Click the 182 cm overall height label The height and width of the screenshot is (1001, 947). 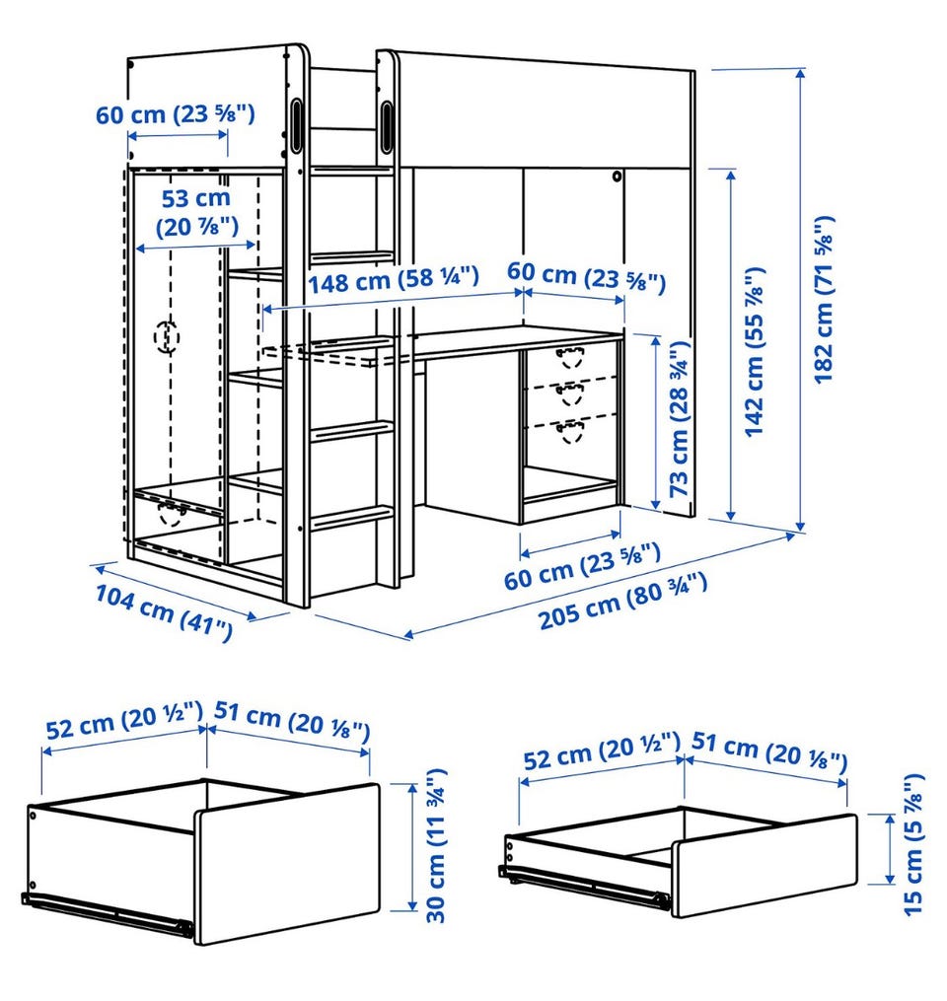click(825, 300)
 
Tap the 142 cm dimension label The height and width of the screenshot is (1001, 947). click(755, 351)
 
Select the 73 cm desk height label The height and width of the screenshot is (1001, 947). click(679, 419)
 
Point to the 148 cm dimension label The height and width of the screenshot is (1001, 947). click(394, 280)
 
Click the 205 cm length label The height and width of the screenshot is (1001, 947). click(622, 601)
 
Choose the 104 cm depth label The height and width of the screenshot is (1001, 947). click(164, 611)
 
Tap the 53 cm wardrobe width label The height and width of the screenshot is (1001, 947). click(196, 212)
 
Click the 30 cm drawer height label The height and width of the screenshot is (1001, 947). click(436, 845)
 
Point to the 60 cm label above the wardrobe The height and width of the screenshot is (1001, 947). click(176, 114)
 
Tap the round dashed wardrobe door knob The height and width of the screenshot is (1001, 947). click(167, 336)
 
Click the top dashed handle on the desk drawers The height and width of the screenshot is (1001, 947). click(569, 357)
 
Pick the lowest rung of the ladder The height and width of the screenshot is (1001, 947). click(352, 516)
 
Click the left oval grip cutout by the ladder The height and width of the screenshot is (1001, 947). click(297, 124)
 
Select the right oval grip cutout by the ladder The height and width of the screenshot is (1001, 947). click(388, 125)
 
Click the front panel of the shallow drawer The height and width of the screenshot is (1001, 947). click(765, 866)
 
